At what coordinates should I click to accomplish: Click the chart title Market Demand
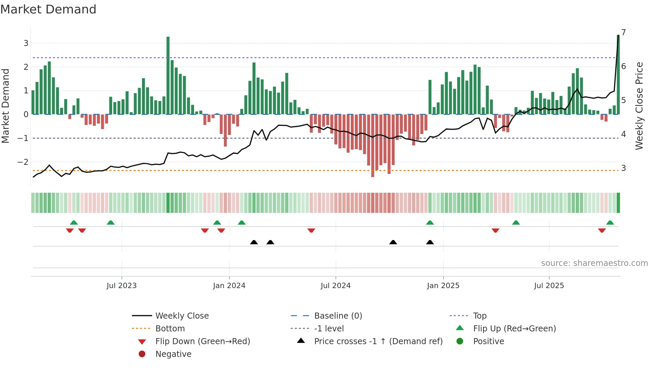48,9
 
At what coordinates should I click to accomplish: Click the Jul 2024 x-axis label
335,286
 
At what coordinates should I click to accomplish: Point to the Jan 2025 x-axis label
443,286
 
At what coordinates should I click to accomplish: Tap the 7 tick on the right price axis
623,33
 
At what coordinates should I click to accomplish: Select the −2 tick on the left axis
23,162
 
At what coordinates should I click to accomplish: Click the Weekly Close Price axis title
639,106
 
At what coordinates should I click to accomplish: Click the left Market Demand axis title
6,106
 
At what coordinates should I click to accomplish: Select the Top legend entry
479,316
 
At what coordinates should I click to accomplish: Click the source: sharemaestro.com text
594,263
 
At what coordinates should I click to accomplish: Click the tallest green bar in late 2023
168,76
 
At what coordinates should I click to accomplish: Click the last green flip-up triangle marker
610,223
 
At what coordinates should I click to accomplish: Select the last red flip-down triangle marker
602,230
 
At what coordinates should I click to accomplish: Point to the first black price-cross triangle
254,242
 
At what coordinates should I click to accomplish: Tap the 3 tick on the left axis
26,43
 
